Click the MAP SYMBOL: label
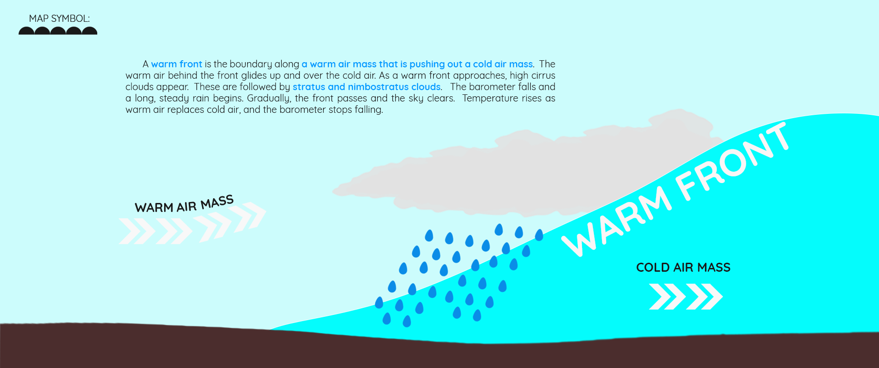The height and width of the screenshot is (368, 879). pyautogui.click(x=59, y=18)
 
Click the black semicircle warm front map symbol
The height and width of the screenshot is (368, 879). pyautogui.click(x=58, y=31)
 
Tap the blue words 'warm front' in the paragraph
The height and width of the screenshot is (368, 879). pyautogui.click(x=176, y=64)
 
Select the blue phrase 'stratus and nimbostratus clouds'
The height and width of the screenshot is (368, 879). pyautogui.click(x=367, y=87)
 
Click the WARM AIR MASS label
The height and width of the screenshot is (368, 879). pyautogui.click(x=184, y=204)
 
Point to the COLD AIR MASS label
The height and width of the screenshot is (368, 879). pyautogui.click(x=683, y=267)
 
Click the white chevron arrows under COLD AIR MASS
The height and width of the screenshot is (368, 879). pyautogui.click(x=685, y=296)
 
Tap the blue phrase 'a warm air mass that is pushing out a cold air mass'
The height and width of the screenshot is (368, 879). pyautogui.click(x=417, y=64)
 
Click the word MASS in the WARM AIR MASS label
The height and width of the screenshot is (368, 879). pyautogui.click(x=217, y=202)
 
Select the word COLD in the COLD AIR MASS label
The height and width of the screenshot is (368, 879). pyautogui.click(x=651, y=267)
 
